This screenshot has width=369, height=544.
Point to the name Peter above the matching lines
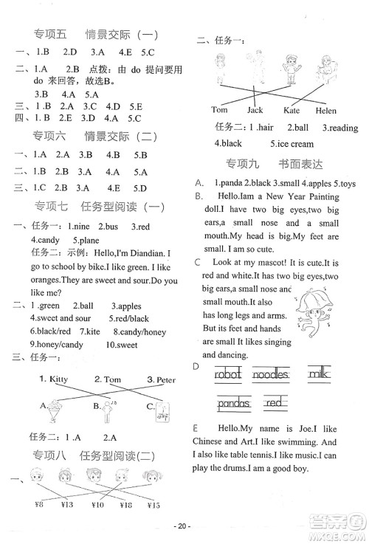pyautogui.click(x=160, y=379)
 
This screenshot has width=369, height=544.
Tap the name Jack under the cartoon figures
pyautogui.click(x=255, y=110)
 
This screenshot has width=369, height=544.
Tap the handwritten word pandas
pyautogui.click(x=235, y=404)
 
